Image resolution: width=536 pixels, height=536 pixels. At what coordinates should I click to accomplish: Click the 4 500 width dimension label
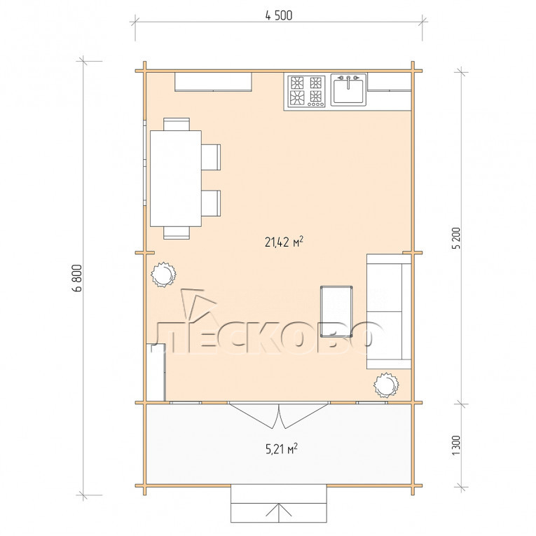(279, 15)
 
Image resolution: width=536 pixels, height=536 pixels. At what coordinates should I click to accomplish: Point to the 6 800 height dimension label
(78, 278)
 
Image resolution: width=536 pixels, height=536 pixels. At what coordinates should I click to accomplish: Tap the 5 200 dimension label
(457, 238)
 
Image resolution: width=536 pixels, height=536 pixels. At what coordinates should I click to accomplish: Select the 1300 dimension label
(456, 445)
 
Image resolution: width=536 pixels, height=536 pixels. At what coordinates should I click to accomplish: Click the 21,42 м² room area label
(284, 242)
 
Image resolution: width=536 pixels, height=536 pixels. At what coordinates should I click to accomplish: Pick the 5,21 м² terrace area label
(282, 448)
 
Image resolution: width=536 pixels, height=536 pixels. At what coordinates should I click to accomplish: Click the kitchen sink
(348, 90)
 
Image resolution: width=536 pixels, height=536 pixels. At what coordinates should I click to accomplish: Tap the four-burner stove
(306, 92)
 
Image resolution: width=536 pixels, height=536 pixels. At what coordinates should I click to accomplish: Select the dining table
(176, 179)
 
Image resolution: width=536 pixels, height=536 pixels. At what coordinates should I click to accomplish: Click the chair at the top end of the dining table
(177, 124)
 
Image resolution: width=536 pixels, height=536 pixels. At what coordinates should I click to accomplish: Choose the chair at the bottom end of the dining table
(177, 233)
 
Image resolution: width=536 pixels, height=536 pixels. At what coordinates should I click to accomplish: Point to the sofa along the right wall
(389, 311)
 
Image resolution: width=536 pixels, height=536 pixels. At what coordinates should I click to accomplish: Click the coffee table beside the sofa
(336, 311)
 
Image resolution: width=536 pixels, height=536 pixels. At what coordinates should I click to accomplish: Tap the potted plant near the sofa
(386, 385)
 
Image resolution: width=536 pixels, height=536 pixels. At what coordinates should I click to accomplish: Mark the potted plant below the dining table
(163, 275)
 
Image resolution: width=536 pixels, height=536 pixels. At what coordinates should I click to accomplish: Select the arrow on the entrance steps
(279, 511)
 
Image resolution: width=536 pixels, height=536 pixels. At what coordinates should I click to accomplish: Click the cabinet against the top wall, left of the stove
(213, 82)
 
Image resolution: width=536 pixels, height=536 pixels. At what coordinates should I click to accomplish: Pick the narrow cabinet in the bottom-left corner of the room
(156, 372)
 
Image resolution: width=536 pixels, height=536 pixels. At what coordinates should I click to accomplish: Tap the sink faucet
(348, 82)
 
